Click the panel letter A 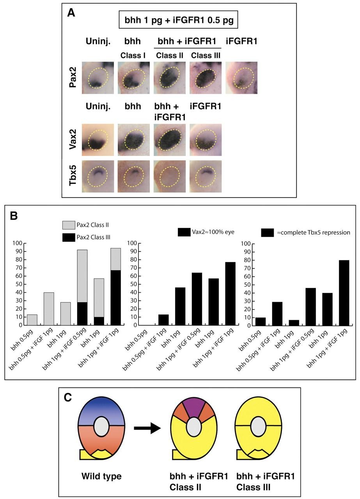pos(71,12)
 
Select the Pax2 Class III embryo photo pos(206,78)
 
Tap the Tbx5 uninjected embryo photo pos(98,176)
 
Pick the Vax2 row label pos(73,140)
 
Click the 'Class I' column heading pos(133,55)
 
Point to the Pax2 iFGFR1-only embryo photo pos(241,78)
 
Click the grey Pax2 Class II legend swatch pos(69,225)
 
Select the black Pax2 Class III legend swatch pos(69,237)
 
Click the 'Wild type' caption pos(101,476)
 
